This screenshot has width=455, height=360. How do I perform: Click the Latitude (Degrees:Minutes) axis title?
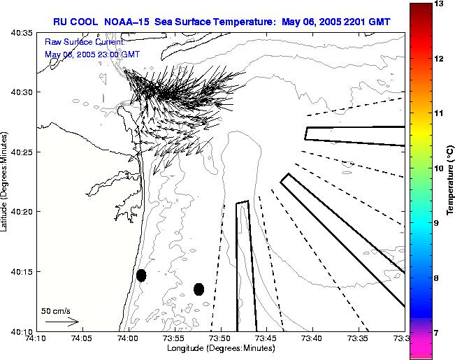[x=6, y=182]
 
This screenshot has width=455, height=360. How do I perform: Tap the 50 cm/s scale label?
[x=56, y=310]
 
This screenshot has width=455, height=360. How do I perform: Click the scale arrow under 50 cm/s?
[x=62, y=322]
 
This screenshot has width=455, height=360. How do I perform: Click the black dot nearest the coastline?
[x=141, y=275]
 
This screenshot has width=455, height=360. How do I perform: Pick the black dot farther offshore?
[x=198, y=289]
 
